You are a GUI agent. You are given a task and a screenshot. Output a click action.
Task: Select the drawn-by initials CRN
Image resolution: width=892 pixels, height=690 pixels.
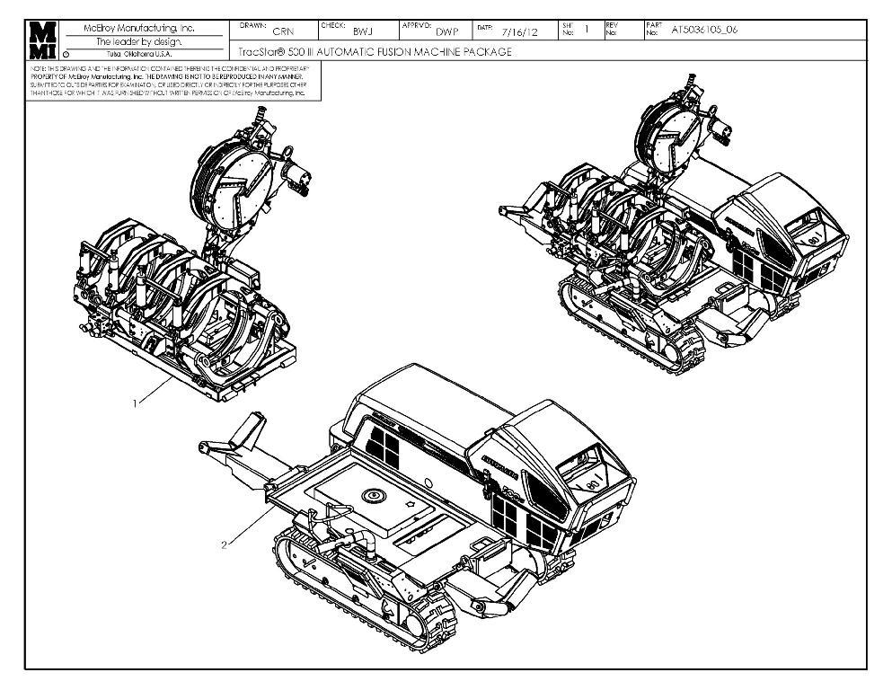[283, 31]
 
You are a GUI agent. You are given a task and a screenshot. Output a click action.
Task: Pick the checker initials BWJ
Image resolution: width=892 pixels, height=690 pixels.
[363, 31]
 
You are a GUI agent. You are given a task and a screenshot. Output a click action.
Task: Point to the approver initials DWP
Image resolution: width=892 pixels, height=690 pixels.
[446, 31]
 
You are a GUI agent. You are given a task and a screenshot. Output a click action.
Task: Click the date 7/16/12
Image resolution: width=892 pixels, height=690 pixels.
[520, 31]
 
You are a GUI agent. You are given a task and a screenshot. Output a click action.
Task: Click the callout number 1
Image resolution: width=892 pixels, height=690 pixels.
[136, 403]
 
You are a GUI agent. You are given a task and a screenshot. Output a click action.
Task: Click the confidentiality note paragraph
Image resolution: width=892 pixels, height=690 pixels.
[171, 80]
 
